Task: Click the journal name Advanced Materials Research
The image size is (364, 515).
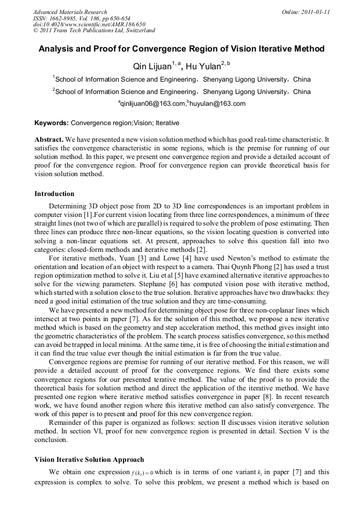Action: click(x=70, y=12)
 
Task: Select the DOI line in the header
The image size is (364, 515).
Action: click(x=89, y=24)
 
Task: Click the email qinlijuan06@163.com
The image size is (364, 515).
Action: click(x=152, y=104)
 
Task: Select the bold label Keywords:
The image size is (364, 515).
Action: click(x=52, y=123)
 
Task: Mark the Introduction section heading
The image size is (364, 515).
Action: click(x=54, y=194)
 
